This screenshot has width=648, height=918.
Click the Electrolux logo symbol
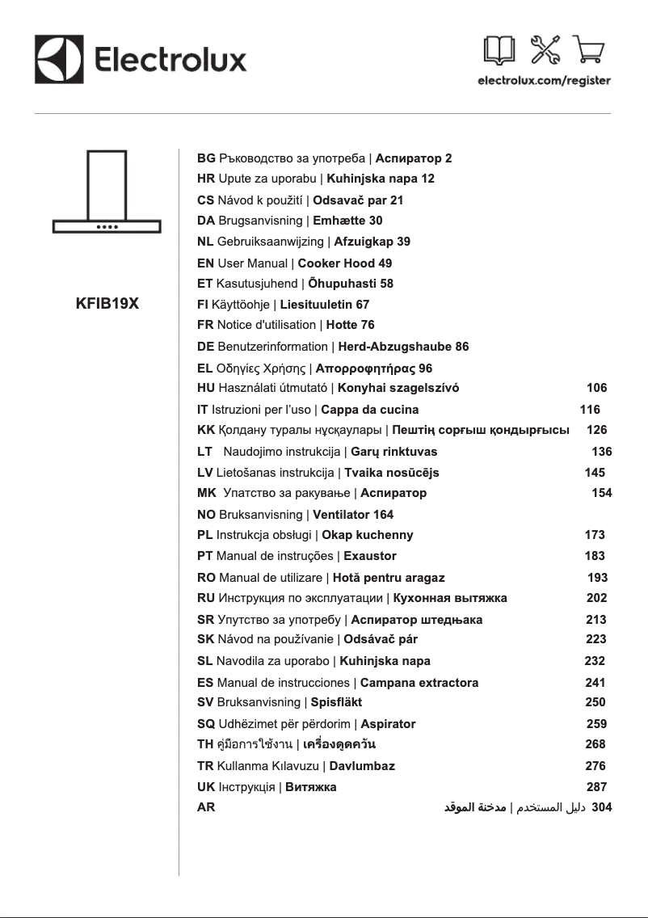(60, 59)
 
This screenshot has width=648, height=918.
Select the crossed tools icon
(545, 51)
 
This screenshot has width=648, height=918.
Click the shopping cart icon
(591, 51)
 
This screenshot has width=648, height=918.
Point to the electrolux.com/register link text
(544, 81)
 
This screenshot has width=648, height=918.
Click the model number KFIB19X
(107, 305)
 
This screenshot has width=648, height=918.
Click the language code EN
(206, 263)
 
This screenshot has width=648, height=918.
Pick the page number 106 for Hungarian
(596, 388)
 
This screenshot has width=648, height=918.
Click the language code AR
(206, 806)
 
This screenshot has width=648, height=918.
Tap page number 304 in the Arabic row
(602, 806)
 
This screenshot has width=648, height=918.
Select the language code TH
(206, 744)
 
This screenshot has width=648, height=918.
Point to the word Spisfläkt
(336, 702)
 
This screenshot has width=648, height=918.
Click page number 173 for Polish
(595, 535)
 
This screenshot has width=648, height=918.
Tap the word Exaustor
(370, 556)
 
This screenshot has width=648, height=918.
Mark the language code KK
(206, 430)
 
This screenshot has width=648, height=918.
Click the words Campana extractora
(419, 683)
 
